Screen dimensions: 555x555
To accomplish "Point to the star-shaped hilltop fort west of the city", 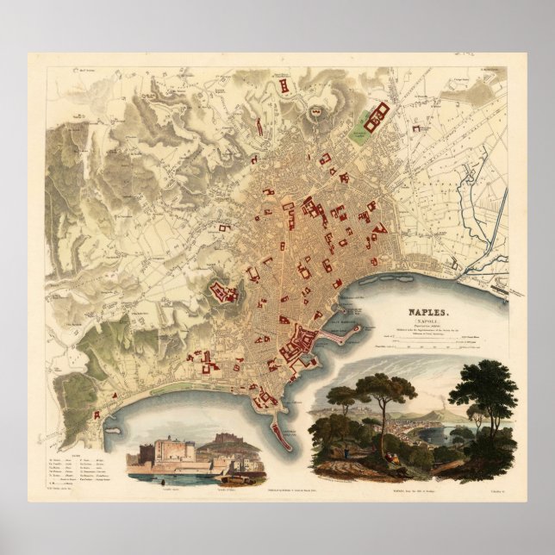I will point(227,293).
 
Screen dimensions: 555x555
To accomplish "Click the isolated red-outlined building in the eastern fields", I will point(422,129).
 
